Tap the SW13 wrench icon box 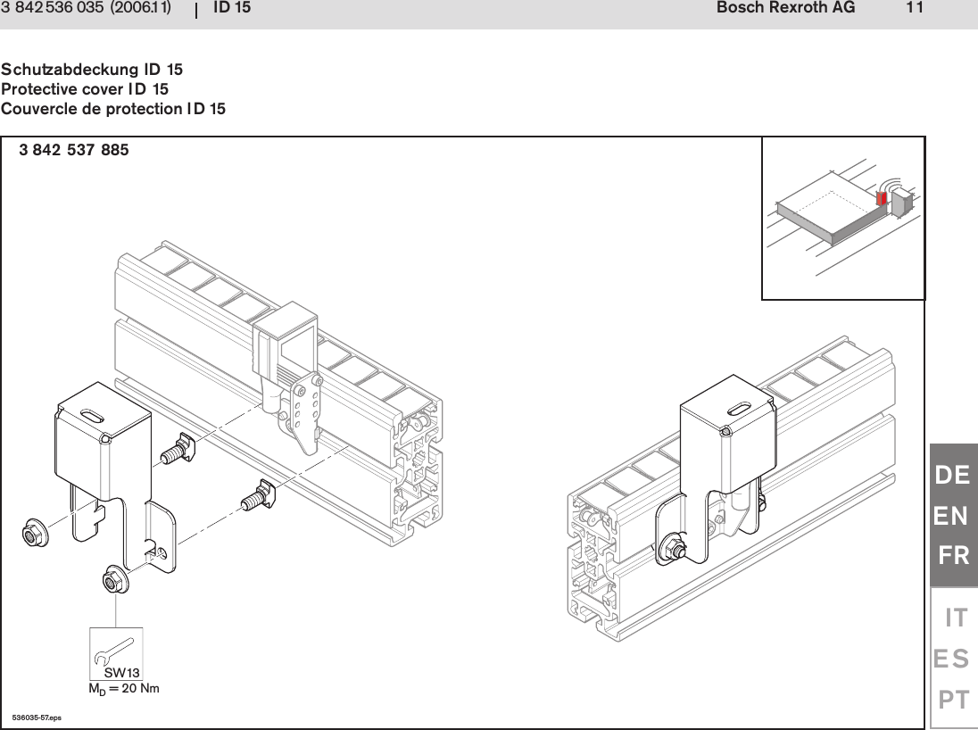coord(116,654)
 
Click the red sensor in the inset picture coord(882,198)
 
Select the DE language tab coord(952,476)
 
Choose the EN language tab coord(952,516)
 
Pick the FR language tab coord(954,557)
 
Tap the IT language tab coord(956,617)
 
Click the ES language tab coord(952,659)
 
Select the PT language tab coord(953,700)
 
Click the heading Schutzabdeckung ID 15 coord(92,70)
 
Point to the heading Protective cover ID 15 coord(85,89)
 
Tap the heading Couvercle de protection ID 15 coord(113,109)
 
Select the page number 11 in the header coord(914,9)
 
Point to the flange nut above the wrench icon coord(115,582)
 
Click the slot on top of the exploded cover coord(91,413)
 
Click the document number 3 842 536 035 coord(51,9)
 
